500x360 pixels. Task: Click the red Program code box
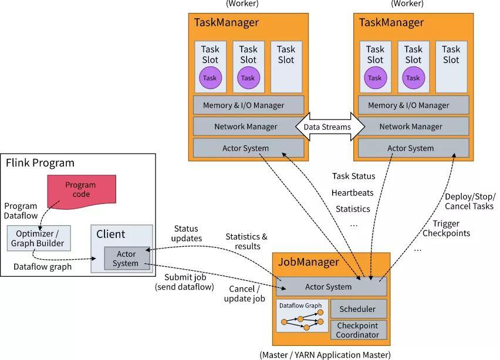click(81, 189)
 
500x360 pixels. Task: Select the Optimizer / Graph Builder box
click(39, 239)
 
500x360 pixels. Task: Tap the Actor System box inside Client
click(127, 259)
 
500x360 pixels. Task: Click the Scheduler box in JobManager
click(358, 309)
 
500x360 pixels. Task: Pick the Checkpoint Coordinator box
click(358, 330)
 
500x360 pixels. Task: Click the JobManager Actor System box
click(329, 287)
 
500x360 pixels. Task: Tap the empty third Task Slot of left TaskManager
click(286, 66)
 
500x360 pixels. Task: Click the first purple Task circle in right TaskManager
click(375, 78)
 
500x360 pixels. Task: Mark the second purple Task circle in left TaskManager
click(248, 78)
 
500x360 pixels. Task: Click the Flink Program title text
click(40, 163)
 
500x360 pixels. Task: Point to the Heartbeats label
click(352, 192)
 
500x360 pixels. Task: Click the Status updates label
click(186, 233)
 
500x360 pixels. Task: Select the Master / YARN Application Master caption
click(325, 354)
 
